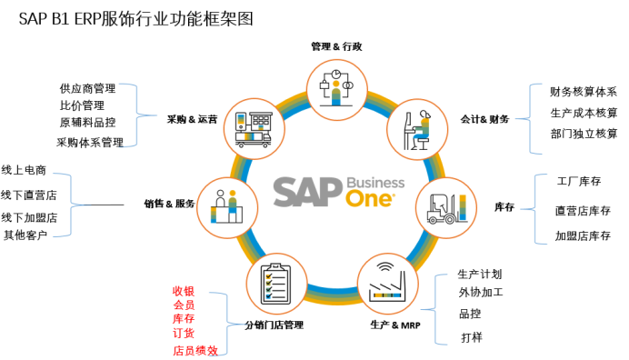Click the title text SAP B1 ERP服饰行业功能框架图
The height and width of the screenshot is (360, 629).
point(130,17)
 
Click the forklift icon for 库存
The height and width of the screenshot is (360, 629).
point(446,207)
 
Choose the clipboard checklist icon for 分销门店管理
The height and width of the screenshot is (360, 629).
point(275,283)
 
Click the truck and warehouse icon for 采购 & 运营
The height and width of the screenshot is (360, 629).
point(253,128)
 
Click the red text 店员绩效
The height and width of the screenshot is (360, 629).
point(195,350)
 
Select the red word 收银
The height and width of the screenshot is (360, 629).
point(184,291)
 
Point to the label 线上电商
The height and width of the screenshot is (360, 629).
point(24,170)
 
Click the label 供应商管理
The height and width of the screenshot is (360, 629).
point(87,89)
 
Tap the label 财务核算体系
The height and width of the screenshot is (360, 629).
point(584,92)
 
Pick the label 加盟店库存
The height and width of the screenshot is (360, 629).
point(583,236)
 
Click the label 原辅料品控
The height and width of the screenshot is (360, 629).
point(87,123)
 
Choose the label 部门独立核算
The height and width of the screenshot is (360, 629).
point(584,134)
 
